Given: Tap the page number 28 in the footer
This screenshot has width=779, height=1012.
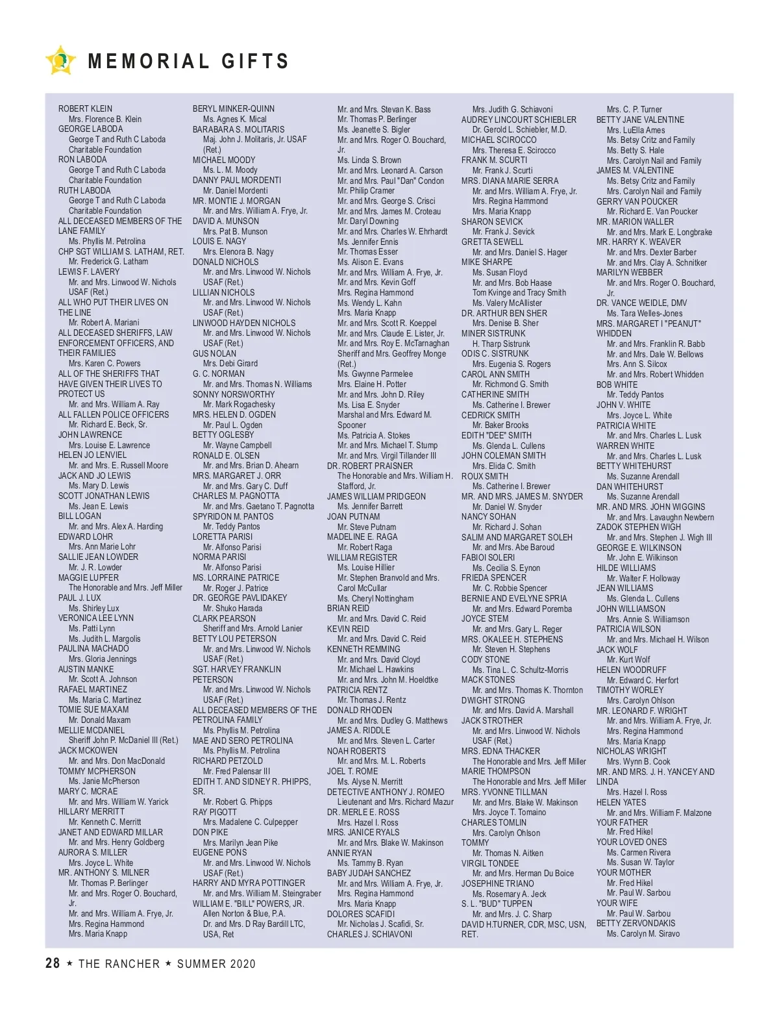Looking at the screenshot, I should (x=53, y=963).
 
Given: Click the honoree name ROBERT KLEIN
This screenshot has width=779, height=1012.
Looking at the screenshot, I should (x=85, y=108).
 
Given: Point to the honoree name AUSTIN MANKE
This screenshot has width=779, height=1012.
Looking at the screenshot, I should (x=86, y=669).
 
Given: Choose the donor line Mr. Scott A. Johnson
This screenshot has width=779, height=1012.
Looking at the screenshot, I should (x=103, y=679).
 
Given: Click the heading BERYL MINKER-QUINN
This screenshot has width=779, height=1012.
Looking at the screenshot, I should (x=233, y=108).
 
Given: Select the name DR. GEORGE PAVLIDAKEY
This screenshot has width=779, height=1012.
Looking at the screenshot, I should (x=240, y=598).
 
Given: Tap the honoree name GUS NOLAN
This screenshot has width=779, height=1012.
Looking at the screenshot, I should (x=214, y=353).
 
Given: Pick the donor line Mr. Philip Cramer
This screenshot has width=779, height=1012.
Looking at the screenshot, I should (x=365, y=190).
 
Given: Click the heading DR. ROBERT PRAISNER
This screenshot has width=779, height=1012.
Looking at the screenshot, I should (x=369, y=466).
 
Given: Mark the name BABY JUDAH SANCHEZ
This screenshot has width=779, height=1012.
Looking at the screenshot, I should (x=369, y=873).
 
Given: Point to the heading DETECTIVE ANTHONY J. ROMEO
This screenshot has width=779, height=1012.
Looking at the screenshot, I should (x=386, y=792).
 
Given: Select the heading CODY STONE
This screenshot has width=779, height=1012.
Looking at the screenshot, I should (x=486, y=659).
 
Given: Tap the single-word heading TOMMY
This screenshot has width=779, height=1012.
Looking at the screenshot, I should (x=475, y=842).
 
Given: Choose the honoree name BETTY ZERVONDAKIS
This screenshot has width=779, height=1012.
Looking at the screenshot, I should (x=636, y=923).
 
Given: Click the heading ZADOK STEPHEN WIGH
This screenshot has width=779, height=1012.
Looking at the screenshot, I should (x=638, y=527).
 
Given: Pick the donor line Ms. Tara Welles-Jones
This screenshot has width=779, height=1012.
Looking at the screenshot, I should (x=644, y=313).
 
